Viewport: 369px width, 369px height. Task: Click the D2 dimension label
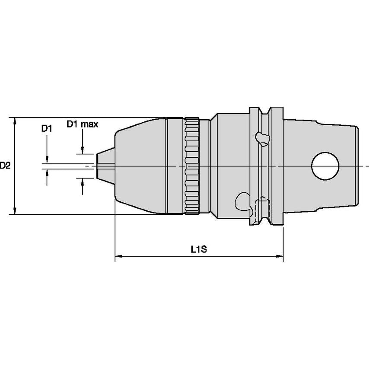pyautogui.click(x=5, y=165)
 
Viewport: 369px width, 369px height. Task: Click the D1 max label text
pyautogui.click(x=82, y=125)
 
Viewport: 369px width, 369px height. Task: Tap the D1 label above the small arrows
pyautogui.click(x=47, y=128)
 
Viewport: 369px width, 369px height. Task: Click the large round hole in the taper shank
pyautogui.click(x=325, y=166)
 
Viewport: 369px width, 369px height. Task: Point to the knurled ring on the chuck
pyautogui.click(x=192, y=165)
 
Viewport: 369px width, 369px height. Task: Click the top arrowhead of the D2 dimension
pyautogui.click(x=16, y=121)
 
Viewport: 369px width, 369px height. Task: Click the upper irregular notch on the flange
pyautogui.click(x=262, y=138)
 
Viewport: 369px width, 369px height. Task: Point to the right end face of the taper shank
pyautogui.click(x=357, y=166)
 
